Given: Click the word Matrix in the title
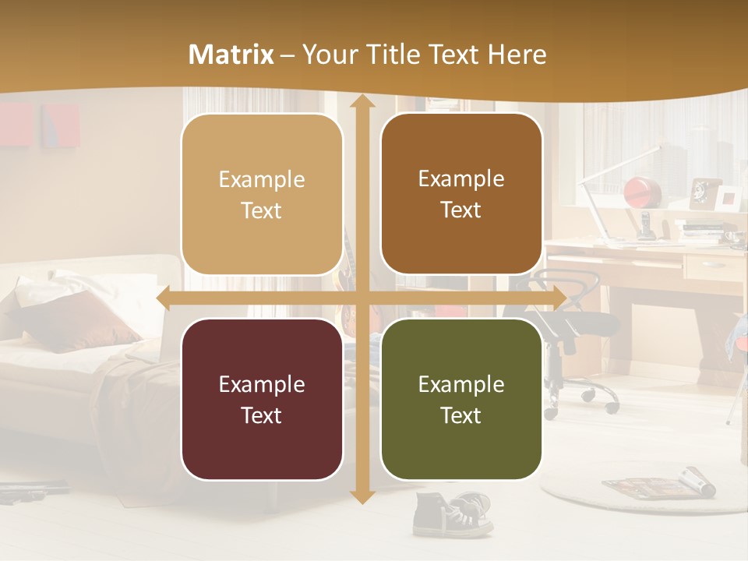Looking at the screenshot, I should (x=231, y=55).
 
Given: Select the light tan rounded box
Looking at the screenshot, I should (x=262, y=195).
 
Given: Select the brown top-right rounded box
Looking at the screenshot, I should (x=461, y=194).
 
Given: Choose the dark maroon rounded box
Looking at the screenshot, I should (x=262, y=399).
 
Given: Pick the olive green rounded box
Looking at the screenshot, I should (x=461, y=399).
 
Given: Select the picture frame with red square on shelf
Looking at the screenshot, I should (x=729, y=199).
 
